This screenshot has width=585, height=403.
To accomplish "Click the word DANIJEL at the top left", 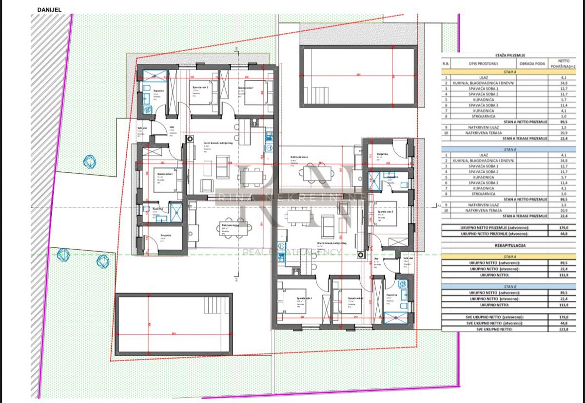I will tap(49, 9).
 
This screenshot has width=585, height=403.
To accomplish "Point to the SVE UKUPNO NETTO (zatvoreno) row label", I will tap(494, 317).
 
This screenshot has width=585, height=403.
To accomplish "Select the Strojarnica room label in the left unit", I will tap(166, 235).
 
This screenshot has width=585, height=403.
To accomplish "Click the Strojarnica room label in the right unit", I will tap(382, 154).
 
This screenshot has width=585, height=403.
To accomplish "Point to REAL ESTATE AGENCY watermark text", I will tap(292, 252).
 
